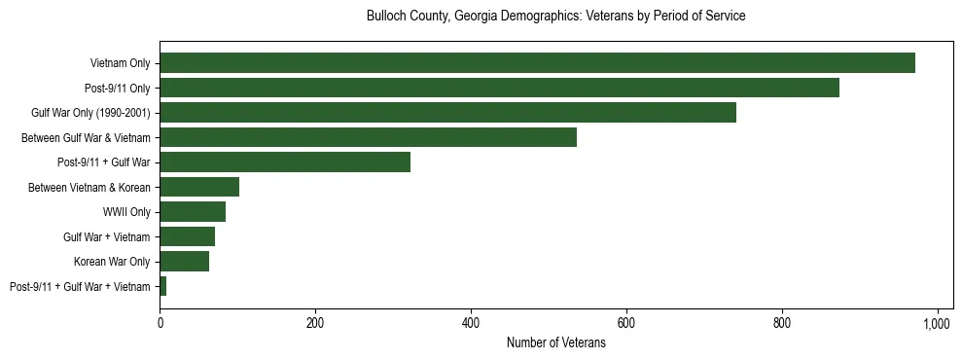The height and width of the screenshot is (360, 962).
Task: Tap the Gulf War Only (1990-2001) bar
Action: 447,113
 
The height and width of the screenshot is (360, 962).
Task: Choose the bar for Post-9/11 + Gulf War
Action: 285,162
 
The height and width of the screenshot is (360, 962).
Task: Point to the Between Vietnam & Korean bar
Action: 199,187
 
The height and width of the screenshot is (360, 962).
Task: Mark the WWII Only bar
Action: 193,212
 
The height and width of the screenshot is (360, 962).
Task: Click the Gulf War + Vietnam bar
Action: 187,236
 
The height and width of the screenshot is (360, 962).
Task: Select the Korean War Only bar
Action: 184,262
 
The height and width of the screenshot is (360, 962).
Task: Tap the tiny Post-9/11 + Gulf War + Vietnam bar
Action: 163,286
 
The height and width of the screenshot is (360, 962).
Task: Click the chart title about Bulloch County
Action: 555,17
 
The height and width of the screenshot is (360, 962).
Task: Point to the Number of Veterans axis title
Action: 555,342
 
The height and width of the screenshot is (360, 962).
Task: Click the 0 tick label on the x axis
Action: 160,324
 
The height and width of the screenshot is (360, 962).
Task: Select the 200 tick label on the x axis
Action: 315,324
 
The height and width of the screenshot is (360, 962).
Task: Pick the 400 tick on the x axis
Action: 471,324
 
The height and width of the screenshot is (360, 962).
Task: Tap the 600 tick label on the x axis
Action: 626,324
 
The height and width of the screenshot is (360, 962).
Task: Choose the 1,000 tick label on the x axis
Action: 937,324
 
